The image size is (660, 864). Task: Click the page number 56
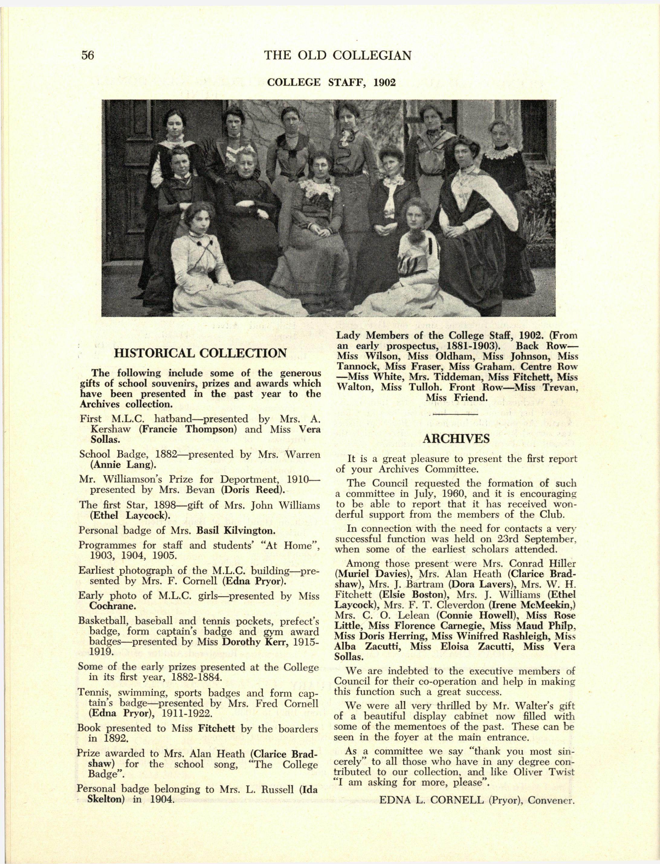click(x=88, y=55)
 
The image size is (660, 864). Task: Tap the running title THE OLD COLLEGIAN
click(x=338, y=55)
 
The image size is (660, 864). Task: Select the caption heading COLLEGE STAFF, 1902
click(x=331, y=83)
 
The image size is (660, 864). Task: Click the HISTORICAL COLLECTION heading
click(x=200, y=353)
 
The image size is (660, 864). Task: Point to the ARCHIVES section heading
click(x=456, y=438)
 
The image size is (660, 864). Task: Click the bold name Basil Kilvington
click(x=235, y=530)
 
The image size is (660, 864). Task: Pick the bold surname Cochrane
click(x=113, y=606)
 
